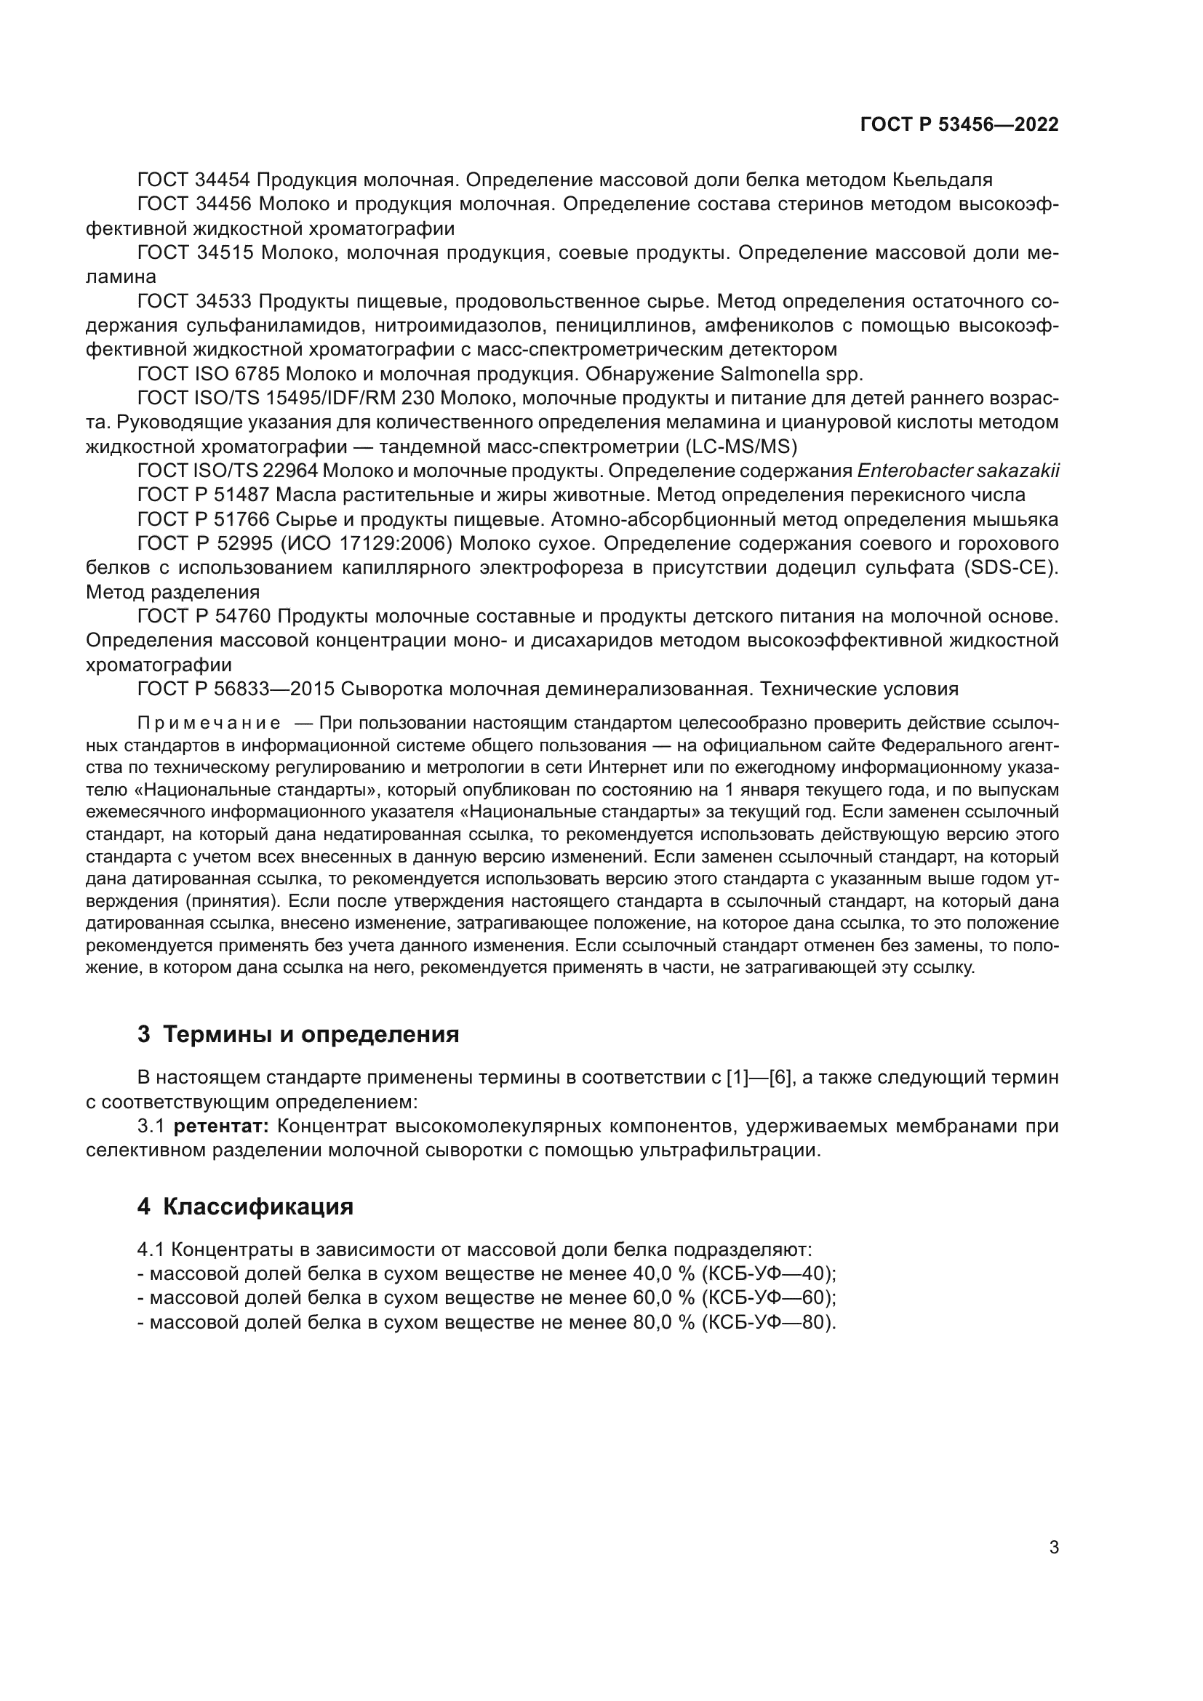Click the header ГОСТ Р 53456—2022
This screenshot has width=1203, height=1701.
coord(959,125)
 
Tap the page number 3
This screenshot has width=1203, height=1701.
coord(1053,1548)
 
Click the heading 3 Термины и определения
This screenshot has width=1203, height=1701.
coord(297,1034)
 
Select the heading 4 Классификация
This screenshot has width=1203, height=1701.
coord(245,1207)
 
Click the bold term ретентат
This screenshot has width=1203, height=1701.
coord(222,1126)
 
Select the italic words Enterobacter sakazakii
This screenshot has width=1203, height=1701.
coord(958,471)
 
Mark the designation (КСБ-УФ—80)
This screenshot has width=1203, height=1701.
coord(768,1321)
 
